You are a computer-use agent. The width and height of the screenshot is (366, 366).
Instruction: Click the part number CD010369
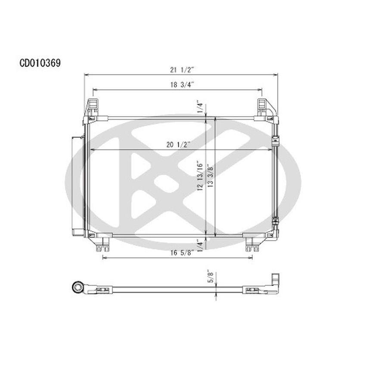[40, 63]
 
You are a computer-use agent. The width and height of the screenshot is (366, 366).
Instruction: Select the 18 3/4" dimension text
[177, 85]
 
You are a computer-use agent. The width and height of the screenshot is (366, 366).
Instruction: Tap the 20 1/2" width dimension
[178, 145]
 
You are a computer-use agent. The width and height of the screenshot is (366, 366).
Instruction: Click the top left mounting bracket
[93, 108]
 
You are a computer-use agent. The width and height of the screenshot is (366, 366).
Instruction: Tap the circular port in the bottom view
[78, 287]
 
